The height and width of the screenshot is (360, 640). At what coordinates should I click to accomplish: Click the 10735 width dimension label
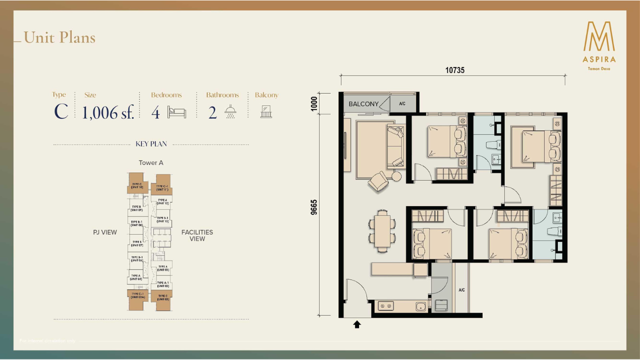click(x=454, y=70)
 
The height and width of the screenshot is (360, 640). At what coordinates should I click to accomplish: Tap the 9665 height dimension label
click(x=314, y=207)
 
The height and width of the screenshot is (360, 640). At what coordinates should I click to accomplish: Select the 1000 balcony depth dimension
click(x=314, y=103)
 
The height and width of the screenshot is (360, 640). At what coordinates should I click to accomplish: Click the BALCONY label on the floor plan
click(x=363, y=104)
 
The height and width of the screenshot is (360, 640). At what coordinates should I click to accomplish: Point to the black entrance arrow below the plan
click(x=357, y=324)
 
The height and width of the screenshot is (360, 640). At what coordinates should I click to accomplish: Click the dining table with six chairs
click(x=383, y=230)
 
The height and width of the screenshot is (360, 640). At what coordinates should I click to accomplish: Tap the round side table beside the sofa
click(x=396, y=176)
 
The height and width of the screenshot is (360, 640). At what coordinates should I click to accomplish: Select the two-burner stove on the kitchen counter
click(x=385, y=305)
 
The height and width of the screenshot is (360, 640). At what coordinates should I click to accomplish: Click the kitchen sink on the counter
click(x=421, y=305)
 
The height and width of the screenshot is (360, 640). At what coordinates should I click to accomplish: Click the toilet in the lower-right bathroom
click(x=555, y=231)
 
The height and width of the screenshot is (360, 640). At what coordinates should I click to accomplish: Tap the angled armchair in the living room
click(x=378, y=181)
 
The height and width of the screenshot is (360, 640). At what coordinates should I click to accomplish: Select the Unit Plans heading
click(x=59, y=37)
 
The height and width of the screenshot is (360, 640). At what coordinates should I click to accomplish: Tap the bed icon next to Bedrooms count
click(x=176, y=112)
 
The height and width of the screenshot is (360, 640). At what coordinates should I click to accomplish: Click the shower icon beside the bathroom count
click(x=230, y=112)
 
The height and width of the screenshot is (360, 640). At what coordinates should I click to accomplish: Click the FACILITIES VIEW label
click(x=197, y=235)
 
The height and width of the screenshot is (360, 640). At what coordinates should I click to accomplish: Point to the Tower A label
click(x=151, y=163)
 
